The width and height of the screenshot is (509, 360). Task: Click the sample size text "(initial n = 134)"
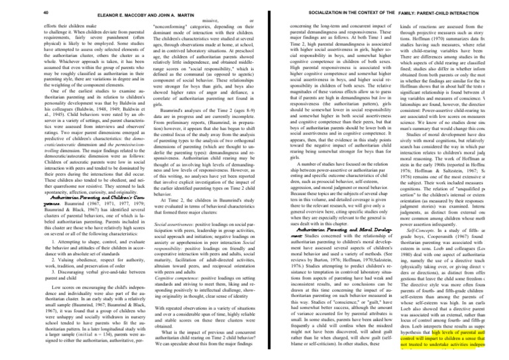[x=60, y=347]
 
